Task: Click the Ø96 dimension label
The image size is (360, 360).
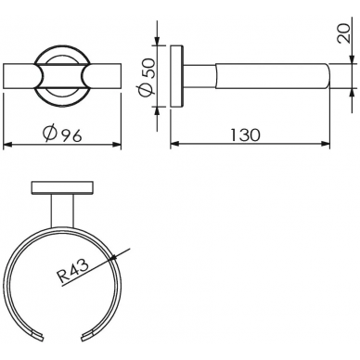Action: pyautogui.click(x=63, y=134)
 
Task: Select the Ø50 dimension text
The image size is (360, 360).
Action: pyautogui.click(x=147, y=77)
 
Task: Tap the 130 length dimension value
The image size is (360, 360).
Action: pyautogui.click(x=246, y=135)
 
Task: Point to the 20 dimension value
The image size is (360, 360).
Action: pyautogui.click(x=344, y=33)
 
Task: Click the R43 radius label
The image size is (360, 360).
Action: pyautogui.click(x=73, y=271)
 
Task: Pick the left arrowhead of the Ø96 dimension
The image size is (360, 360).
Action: pyautogui.click(x=7, y=145)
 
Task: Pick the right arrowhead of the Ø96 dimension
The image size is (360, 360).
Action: pyautogui.click(x=117, y=145)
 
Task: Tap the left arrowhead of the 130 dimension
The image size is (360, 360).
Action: pyautogui.click(x=175, y=144)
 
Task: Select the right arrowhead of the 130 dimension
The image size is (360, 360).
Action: pyautogui.click(x=325, y=144)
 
